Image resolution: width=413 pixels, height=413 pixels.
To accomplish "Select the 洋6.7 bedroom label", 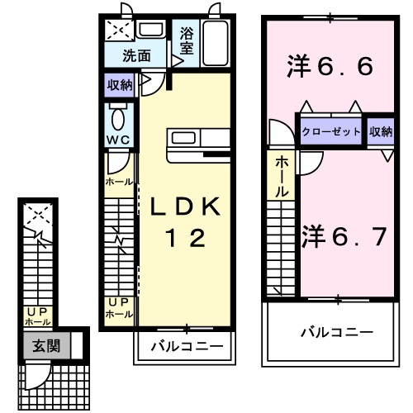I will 343,236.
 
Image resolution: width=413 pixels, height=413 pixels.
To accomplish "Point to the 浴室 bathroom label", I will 187,41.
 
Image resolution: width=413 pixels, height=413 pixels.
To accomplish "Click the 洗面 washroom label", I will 137,56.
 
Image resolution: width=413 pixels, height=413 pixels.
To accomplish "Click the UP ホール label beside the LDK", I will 118,310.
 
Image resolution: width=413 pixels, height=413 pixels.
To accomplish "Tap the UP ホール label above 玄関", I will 36,316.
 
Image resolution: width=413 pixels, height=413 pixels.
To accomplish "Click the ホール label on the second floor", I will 282,176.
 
